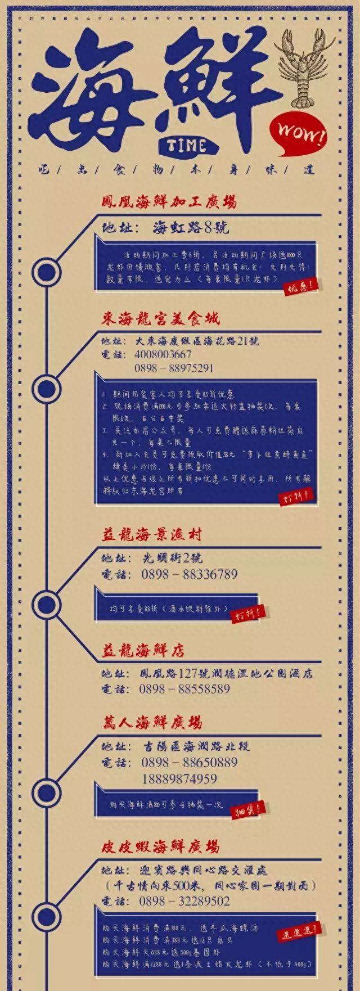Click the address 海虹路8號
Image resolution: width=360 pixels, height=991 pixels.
tap(191, 228)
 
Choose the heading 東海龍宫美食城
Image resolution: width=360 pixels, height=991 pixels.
tap(160, 318)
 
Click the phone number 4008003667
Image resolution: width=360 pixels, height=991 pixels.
tap(163, 355)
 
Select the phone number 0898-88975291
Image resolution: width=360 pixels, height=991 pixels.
tap(174, 368)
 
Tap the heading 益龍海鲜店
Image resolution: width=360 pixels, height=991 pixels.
tap(143, 651)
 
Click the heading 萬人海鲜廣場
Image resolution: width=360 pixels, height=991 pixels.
tap(152, 722)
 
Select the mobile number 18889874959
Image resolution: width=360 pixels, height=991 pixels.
tap(179, 779)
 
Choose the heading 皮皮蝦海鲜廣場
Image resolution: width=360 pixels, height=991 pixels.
tap(160, 846)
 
